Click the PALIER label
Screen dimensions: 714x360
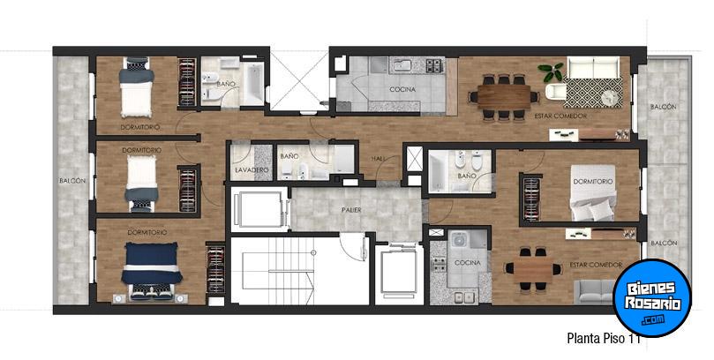pos(351,210)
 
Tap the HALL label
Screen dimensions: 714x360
pos(378,158)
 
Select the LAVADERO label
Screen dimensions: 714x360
pos(252,170)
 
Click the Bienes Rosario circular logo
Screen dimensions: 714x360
pos(652,297)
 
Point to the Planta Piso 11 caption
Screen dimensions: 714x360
pos(604,339)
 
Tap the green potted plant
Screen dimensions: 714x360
pos(551,71)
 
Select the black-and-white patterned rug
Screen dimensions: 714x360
pos(593,93)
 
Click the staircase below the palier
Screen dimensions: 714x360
pos(278,271)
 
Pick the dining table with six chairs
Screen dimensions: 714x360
pos(504,97)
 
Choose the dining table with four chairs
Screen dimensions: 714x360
pos(532,269)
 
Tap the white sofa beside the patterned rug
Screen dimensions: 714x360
pos(593,67)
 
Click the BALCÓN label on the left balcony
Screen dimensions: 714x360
pos(72,181)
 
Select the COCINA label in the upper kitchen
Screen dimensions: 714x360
pos(402,90)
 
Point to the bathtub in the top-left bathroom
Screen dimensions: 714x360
pos(253,83)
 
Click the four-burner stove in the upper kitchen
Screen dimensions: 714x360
pos(434,65)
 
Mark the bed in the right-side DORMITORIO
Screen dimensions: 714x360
pos(593,192)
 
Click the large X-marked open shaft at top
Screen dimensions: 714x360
pos(299,80)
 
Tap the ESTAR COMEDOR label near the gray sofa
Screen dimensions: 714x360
pos(596,265)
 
